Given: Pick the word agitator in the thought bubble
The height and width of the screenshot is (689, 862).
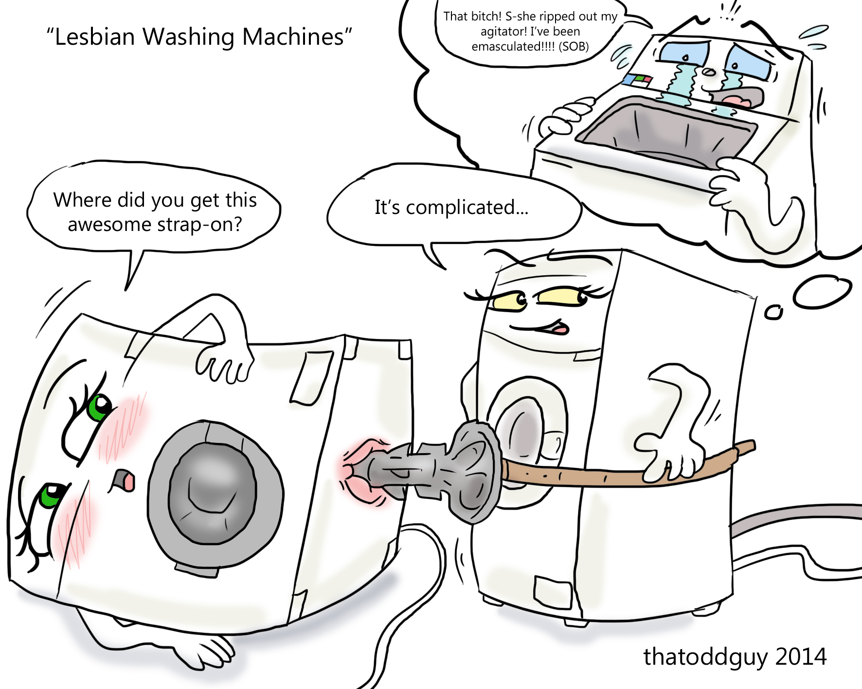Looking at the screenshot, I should pos(503,32).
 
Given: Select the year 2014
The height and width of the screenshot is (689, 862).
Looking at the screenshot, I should pos(801,657).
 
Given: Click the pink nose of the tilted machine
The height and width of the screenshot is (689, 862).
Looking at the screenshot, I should pos(127,481).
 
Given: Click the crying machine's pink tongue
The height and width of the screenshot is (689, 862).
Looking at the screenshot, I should pos(736,101).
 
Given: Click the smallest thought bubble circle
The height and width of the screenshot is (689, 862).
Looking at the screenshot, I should pos(773,313).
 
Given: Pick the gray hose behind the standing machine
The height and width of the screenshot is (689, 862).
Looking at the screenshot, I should pos(798,515).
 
